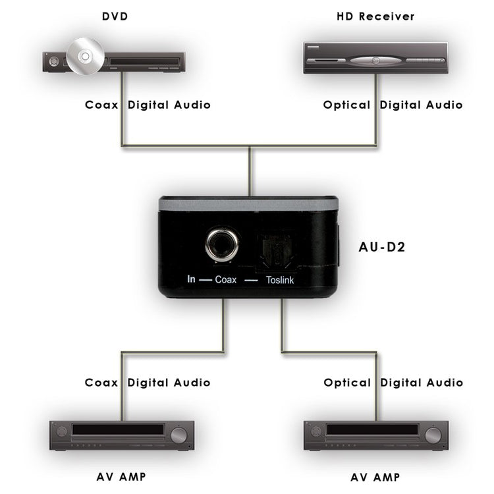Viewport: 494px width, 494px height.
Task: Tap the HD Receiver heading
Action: (x=375, y=16)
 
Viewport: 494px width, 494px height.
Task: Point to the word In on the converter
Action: (x=191, y=279)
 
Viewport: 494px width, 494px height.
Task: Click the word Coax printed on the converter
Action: (x=226, y=279)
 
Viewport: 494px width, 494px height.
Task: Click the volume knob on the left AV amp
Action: (x=178, y=435)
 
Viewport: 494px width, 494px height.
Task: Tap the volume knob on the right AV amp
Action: (x=432, y=435)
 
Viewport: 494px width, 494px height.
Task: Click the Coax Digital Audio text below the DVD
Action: (x=148, y=105)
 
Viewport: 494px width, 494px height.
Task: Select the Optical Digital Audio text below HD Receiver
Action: (x=393, y=105)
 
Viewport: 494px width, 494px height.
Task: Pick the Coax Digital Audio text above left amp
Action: (x=148, y=383)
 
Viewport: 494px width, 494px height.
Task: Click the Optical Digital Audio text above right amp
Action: (x=393, y=383)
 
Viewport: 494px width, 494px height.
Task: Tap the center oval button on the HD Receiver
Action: (x=375, y=60)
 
